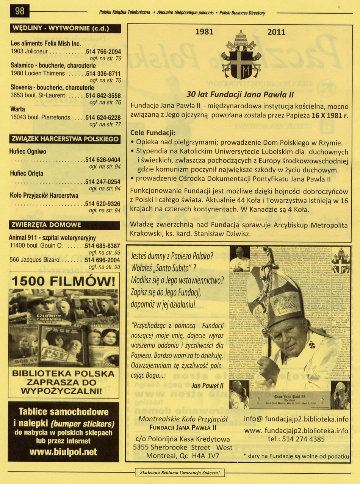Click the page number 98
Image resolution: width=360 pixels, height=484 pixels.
pyautogui.click(x=19, y=12)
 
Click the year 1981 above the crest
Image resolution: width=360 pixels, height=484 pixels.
pyautogui.click(x=204, y=32)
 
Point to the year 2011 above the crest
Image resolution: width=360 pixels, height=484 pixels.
pyautogui.click(x=276, y=32)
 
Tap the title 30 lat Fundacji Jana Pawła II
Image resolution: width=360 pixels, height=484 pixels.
pyautogui.click(x=240, y=95)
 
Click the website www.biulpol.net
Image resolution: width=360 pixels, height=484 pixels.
pyautogui.click(x=63, y=452)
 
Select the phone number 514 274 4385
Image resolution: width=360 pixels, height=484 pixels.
pyautogui.click(x=296, y=439)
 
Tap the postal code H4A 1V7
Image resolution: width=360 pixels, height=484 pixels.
pyautogui.click(x=204, y=456)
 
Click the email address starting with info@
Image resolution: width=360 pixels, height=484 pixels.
pyautogui.click(x=296, y=419)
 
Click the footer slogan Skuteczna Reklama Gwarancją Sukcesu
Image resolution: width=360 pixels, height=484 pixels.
pyautogui.click(x=180, y=472)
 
